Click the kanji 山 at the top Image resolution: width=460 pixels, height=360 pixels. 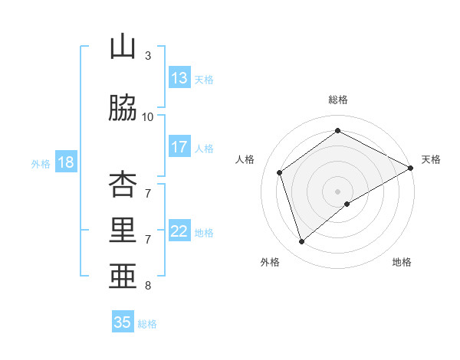(123, 47)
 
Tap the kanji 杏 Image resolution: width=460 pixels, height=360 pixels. (123, 183)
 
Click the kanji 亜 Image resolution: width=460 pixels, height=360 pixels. (123, 277)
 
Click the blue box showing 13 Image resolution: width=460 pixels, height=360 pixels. (179, 78)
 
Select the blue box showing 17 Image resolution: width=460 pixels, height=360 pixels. (179, 147)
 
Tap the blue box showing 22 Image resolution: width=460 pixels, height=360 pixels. (179, 231)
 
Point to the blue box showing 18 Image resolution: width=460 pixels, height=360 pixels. (65, 162)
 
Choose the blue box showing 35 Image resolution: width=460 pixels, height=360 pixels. (123, 322)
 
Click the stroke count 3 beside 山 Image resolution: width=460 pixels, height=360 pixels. (148, 56)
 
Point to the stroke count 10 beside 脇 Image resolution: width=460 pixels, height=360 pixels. (148, 117)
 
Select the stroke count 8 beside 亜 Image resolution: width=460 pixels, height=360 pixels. (148, 286)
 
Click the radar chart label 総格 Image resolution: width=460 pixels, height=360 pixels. (337, 100)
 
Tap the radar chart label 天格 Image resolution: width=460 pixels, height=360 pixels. (431, 159)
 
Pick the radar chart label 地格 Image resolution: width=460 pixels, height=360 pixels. (402, 262)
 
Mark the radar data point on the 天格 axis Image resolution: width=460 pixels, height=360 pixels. (411, 168)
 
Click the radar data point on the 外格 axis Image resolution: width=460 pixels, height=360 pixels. (301, 242)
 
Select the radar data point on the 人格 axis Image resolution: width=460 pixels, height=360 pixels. (280, 172)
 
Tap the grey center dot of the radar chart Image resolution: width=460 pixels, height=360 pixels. (337, 191)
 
